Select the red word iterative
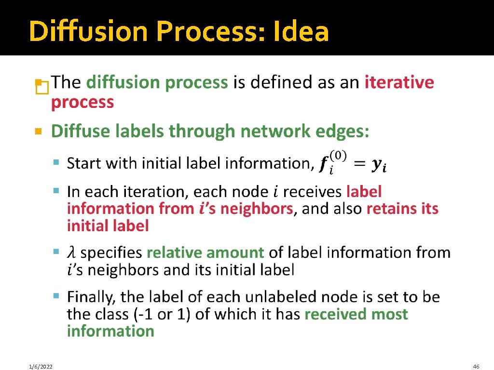[399, 82]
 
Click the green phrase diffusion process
[157, 82]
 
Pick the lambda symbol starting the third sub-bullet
[71, 252]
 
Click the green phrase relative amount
[206, 252]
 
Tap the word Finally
[92, 296]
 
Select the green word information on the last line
[110, 331]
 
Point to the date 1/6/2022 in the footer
[40, 367]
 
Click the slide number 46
[476, 367]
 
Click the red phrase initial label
[108, 225]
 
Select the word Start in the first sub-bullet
[84, 163]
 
